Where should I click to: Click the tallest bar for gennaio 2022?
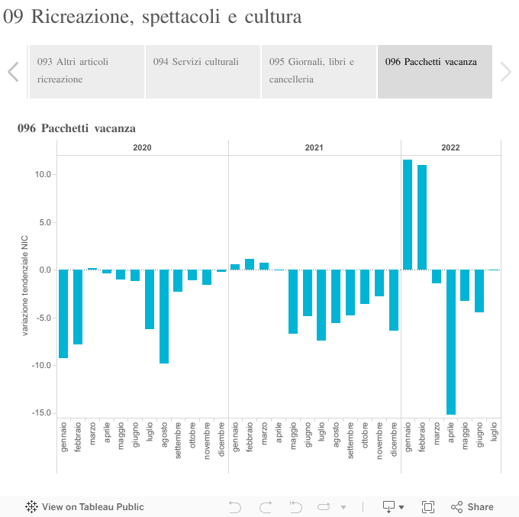point(408,215)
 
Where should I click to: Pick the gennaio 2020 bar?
point(63,314)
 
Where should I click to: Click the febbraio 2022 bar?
point(422,217)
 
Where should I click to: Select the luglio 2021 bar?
point(321,305)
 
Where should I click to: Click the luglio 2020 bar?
point(150,299)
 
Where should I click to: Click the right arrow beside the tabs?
point(505,72)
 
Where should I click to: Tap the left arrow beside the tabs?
point(13,72)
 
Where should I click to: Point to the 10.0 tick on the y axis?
point(42,175)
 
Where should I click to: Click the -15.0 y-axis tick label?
point(40,413)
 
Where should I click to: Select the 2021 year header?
point(314,147)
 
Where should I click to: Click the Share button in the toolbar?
point(472,506)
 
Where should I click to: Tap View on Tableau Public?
point(85,506)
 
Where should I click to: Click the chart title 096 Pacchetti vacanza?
point(76,128)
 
